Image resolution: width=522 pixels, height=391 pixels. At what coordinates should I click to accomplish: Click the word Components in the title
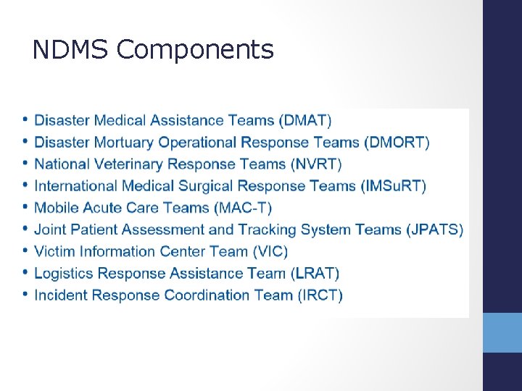195,51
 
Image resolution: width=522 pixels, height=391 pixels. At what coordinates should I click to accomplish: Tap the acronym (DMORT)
397,142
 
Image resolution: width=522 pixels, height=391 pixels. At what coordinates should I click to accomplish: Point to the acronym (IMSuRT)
393,186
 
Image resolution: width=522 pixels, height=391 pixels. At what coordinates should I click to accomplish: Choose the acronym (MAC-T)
243,208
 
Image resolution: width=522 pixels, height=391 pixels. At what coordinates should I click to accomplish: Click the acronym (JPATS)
434,230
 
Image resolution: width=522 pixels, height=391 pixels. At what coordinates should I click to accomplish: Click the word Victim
54,251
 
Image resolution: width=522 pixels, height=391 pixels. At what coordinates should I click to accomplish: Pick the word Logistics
64,273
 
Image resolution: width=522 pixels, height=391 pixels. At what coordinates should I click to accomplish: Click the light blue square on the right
502,332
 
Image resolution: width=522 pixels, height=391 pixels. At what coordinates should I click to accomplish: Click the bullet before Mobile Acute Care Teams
26,207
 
